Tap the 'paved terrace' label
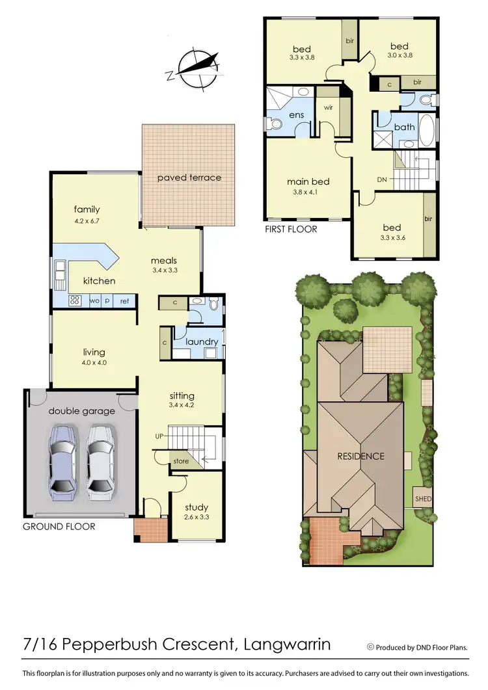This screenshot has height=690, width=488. (x=189, y=178)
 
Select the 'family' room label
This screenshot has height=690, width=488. (x=87, y=209)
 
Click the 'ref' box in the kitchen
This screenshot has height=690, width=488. (x=124, y=301)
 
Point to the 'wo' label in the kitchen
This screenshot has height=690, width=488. (x=94, y=301)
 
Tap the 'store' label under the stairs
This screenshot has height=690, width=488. (x=182, y=462)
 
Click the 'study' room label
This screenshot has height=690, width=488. (x=196, y=507)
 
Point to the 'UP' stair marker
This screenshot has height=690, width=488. (x=159, y=436)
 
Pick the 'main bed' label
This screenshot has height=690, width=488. (x=308, y=181)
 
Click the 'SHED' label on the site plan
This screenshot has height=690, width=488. (x=423, y=499)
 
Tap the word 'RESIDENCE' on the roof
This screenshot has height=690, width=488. (x=360, y=456)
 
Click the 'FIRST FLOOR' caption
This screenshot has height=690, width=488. (x=291, y=230)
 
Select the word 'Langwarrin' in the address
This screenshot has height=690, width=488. (x=286, y=644)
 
